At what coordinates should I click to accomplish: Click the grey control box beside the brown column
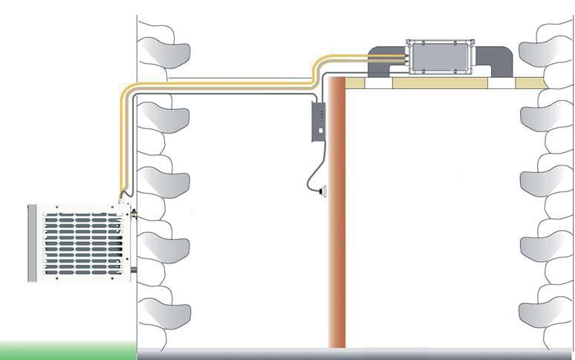point(319,122)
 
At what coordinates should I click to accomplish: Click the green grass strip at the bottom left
point(67,347)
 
